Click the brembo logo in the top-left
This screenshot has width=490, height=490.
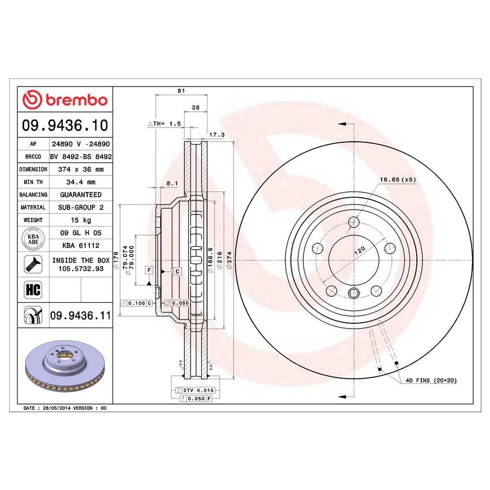pyautogui.click(x=65, y=100)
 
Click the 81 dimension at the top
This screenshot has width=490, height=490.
pyautogui.click(x=181, y=91)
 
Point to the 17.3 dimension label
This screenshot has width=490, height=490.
pyautogui.click(x=216, y=134)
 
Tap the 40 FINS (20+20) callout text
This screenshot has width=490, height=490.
pyautogui.click(x=430, y=380)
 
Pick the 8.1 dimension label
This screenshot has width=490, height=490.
pyautogui.click(x=171, y=183)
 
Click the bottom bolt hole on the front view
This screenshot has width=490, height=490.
pyautogui.click(x=353, y=291)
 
